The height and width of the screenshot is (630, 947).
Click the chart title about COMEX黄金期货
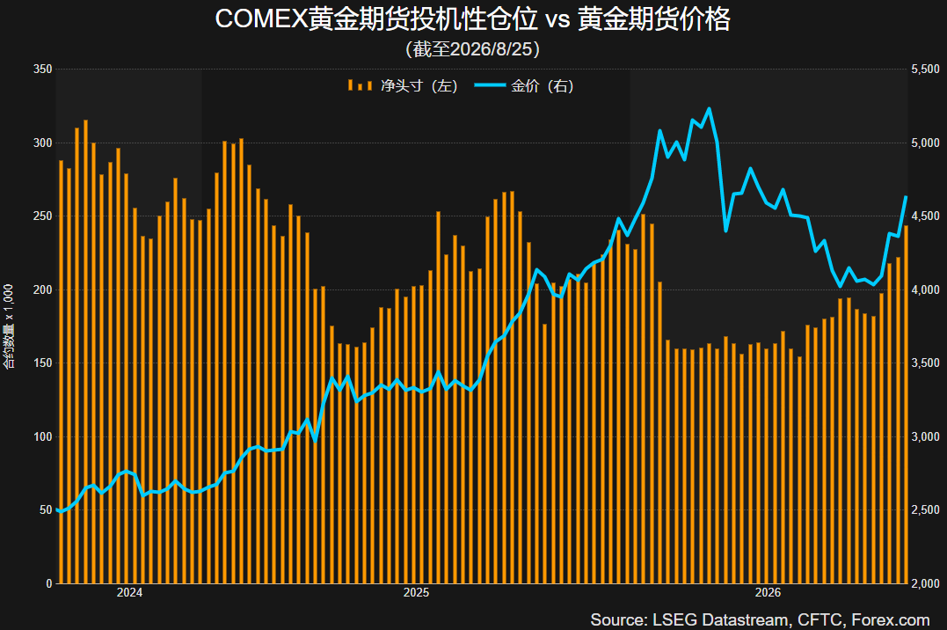pyautogui.click(x=473, y=18)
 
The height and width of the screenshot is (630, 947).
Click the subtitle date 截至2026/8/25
pyautogui.click(x=473, y=49)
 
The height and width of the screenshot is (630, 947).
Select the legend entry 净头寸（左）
pyautogui.click(x=402, y=86)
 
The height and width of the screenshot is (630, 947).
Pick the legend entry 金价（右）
pyautogui.click(x=524, y=86)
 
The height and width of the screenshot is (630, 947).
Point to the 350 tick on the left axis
pyautogui.click(x=43, y=69)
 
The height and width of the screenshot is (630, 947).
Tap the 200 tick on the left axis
pyautogui.click(x=43, y=289)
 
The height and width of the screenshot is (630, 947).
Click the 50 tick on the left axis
pyautogui.click(x=46, y=509)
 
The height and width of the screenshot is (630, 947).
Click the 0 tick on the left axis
pyautogui.click(x=49, y=583)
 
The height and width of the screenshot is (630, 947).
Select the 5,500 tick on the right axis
pyautogui.click(x=925, y=69)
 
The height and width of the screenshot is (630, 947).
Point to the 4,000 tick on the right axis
pyautogui.click(x=925, y=289)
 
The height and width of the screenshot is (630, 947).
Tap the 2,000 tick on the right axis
pyautogui.click(x=925, y=583)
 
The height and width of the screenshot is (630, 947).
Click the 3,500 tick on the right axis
pyautogui.click(x=925, y=363)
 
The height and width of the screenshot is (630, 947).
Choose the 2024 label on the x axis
pyautogui.click(x=129, y=592)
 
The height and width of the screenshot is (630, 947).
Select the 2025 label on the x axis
pyautogui.click(x=416, y=592)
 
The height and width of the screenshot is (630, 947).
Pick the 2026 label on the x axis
pyautogui.click(x=768, y=592)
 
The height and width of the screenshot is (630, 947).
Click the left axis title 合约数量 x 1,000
pyautogui.click(x=9, y=326)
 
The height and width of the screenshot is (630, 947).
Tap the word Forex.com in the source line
pyautogui.click(x=890, y=619)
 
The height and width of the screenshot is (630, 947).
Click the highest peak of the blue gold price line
pyautogui.click(x=709, y=109)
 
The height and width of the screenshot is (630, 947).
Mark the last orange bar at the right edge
pyautogui.click(x=906, y=405)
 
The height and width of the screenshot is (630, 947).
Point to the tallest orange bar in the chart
pyautogui.click(x=85, y=352)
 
